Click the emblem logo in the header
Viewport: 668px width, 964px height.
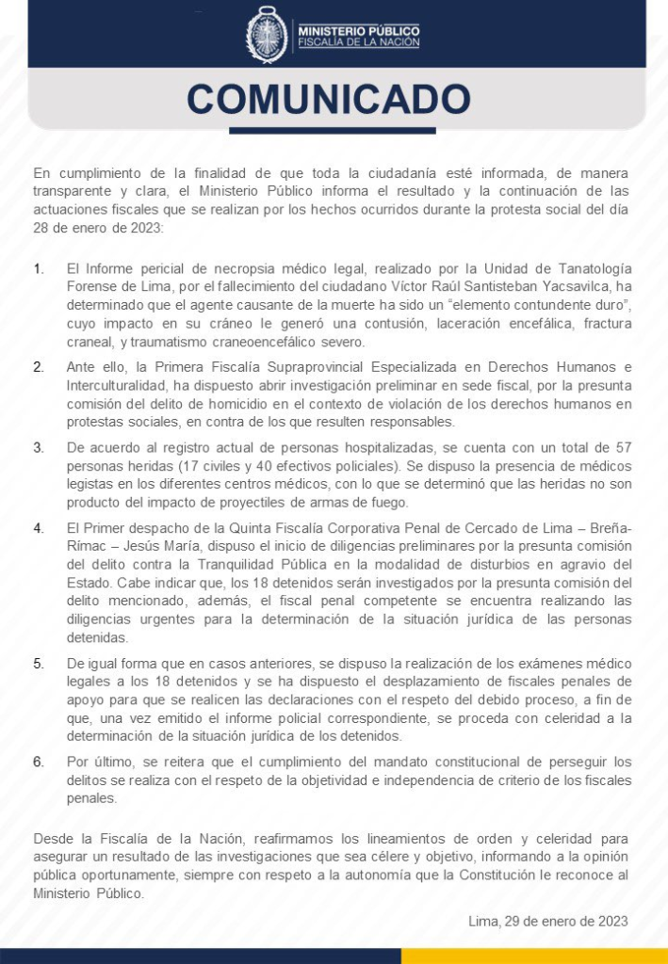point(267,35)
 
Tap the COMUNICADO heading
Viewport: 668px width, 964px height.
point(328,99)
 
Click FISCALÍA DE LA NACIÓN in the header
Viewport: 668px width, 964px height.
point(358,43)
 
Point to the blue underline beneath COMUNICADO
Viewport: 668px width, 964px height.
point(333,131)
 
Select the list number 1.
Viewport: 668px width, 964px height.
point(39,269)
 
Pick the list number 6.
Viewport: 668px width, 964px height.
point(39,761)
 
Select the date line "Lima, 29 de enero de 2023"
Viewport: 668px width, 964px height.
point(547,920)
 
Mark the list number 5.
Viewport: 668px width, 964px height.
point(39,663)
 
